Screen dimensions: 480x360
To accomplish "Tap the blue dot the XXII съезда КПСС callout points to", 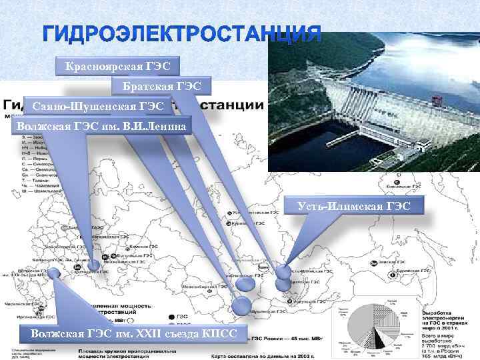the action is [54, 272].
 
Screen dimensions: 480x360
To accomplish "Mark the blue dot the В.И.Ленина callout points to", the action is [94, 265].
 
